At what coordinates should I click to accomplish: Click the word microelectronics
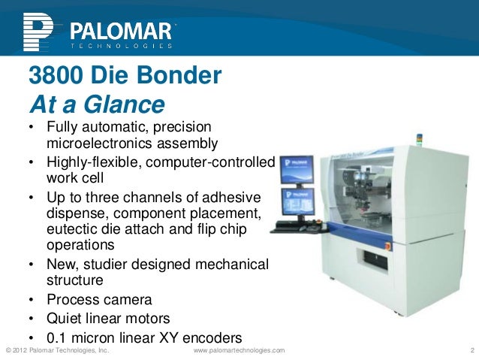coord(98,143)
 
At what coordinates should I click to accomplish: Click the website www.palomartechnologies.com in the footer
coord(239,351)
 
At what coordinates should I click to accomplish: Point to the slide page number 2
coord(469,351)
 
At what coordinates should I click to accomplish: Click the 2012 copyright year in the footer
coord(24,351)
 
